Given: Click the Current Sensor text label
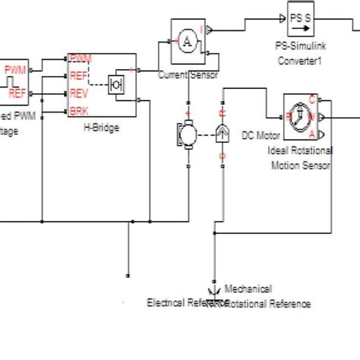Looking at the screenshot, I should (188, 74).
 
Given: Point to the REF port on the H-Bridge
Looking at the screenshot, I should (78, 75).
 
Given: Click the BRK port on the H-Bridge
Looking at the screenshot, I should (78, 111).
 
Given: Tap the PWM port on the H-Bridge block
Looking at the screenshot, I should (80, 58).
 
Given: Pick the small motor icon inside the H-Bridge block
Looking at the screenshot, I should (118, 84).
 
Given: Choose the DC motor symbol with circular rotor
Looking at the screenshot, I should (186, 134).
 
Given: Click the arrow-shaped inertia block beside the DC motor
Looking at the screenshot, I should (222, 134).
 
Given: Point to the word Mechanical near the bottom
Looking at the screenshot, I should (248, 289).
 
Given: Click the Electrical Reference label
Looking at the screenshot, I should (177, 302).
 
